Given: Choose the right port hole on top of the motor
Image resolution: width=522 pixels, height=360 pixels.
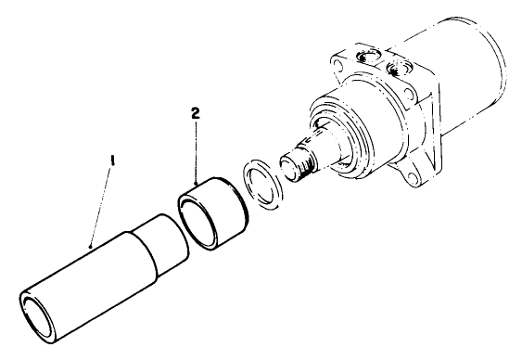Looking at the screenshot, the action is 401,71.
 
